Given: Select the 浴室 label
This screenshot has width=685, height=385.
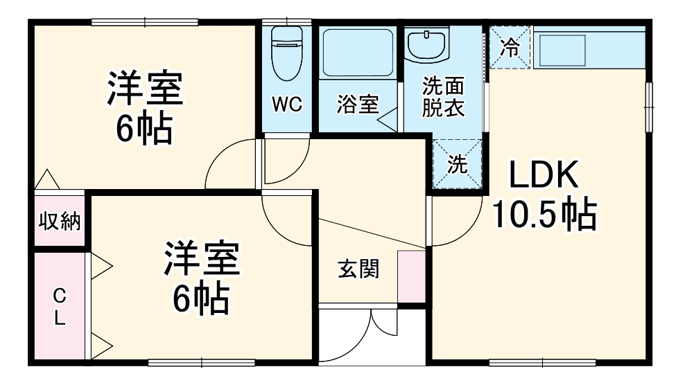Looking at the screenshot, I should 358,105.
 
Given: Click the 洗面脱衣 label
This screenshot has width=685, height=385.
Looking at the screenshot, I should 443,98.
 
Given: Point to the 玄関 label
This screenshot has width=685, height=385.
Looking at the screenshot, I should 358,268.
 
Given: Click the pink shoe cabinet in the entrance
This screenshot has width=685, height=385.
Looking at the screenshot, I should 411,276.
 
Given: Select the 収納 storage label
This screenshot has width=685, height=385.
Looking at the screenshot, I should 59,222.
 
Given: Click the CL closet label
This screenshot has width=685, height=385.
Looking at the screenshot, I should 60,307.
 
